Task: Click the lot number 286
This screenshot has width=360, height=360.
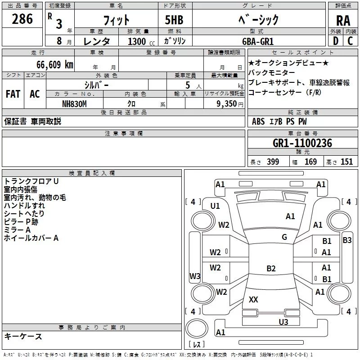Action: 22,19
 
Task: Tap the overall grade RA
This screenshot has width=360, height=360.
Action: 343,21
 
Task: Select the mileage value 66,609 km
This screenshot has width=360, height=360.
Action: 55,65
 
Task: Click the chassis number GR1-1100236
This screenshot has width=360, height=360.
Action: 302,143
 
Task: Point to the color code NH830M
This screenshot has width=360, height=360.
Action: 74,104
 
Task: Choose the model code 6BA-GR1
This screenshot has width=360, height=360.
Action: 258,41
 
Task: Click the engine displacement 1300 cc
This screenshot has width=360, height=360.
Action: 141,41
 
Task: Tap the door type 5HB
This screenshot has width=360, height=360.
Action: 174,20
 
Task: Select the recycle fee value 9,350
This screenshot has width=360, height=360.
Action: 227,104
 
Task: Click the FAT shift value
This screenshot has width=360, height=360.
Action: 13,94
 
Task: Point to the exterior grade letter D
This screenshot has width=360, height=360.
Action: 336,41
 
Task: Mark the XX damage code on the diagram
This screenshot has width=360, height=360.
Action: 253,299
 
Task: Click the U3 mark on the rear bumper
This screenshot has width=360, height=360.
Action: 283,322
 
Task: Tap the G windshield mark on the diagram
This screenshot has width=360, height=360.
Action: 284,237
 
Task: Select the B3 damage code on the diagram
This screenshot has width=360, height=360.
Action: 347,240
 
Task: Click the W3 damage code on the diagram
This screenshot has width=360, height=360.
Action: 195,276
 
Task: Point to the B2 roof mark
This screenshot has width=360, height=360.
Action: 271,268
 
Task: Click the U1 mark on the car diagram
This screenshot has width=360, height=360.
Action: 215,206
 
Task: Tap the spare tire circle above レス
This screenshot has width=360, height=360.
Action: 197,328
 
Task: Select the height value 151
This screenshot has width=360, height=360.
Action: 346,162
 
